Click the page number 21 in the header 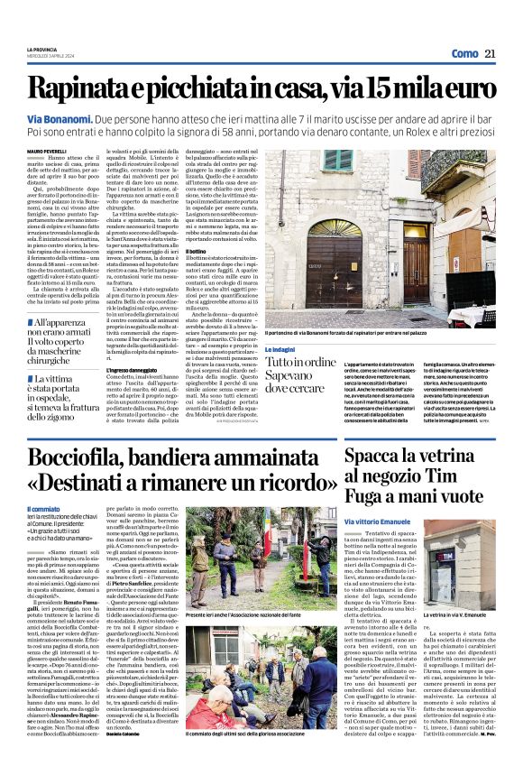coord(491,53)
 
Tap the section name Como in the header coord(463,53)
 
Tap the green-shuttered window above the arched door coord(363,162)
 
